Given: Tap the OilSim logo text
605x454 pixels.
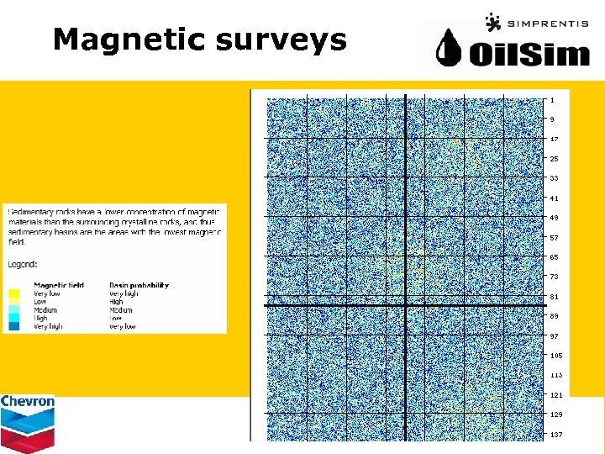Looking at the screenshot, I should [529, 55].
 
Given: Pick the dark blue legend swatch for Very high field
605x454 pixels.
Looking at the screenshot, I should [15, 326].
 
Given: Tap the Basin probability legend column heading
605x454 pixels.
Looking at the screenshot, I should [139, 285].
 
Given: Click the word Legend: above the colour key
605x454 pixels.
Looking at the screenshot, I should [23, 264].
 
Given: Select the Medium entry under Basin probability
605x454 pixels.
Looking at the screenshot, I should [121, 310].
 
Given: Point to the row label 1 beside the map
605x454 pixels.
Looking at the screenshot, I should [552, 100].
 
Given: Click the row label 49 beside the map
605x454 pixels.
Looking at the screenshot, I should [554, 218].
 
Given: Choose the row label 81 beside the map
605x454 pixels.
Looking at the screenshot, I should [554, 296].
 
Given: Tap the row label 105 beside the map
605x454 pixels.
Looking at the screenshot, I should [555, 356].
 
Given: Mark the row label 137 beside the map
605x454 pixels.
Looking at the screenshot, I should [555, 435].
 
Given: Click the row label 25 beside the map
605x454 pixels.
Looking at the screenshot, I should [554, 158].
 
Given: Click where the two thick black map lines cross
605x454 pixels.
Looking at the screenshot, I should [406, 304].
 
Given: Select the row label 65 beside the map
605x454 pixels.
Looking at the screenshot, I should [554, 257].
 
